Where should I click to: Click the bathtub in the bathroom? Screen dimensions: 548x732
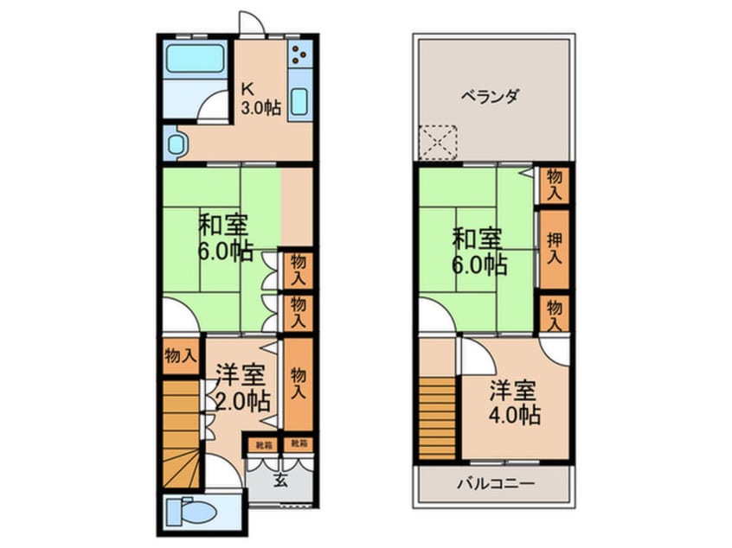pyautogui.click(x=195, y=61)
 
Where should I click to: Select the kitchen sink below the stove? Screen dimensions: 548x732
pyautogui.click(x=300, y=103)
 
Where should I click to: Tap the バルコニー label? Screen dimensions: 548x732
pyautogui.click(x=496, y=483)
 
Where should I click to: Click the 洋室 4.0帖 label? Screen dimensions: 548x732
pyautogui.click(x=517, y=404)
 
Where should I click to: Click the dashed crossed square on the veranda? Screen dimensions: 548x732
pyautogui.click(x=437, y=142)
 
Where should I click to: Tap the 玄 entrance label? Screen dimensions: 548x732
pyautogui.click(x=280, y=481)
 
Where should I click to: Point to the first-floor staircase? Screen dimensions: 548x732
pyautogui.click(x=183, y=432)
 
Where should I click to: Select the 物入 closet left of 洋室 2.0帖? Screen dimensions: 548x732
pyautogui.click(x=181, y=354)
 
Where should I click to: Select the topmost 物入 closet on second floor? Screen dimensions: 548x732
pyautogui.click(x=555, y=185)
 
